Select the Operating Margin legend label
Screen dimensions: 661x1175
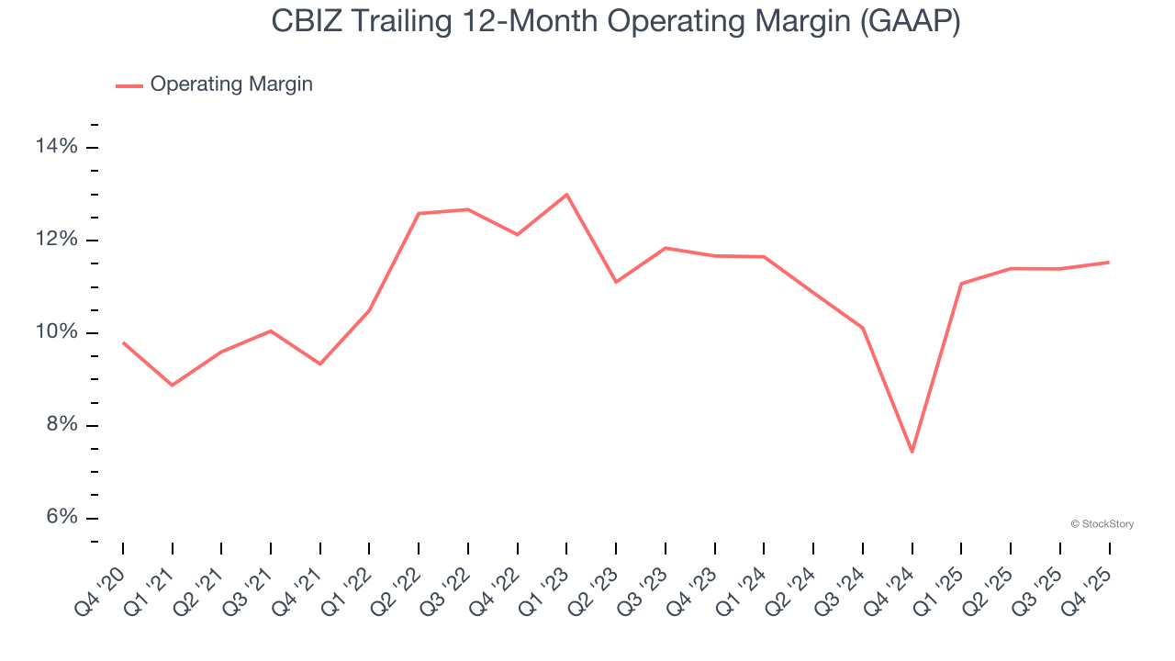[x=231, y=84]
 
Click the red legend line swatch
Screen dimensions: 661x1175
[x=129, y=85]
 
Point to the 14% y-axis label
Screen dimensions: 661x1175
[x=57, y=147]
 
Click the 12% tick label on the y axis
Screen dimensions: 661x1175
[x=57, y=240]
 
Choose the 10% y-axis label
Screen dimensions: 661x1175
[x=57, y=332]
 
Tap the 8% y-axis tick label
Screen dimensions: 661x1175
[x=62, y=425]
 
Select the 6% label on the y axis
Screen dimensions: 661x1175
[x=62, y=518]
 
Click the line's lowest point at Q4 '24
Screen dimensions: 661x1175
[x=912, y=452]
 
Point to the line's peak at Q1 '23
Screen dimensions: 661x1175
[x=566, y=195]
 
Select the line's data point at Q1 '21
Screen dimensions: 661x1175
[x=172, y=385]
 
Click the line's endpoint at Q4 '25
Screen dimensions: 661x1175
[x=1109, y=263]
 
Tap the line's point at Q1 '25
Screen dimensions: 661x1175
[x=961, y=284]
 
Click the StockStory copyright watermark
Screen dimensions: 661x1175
[x=1102, y=524]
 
